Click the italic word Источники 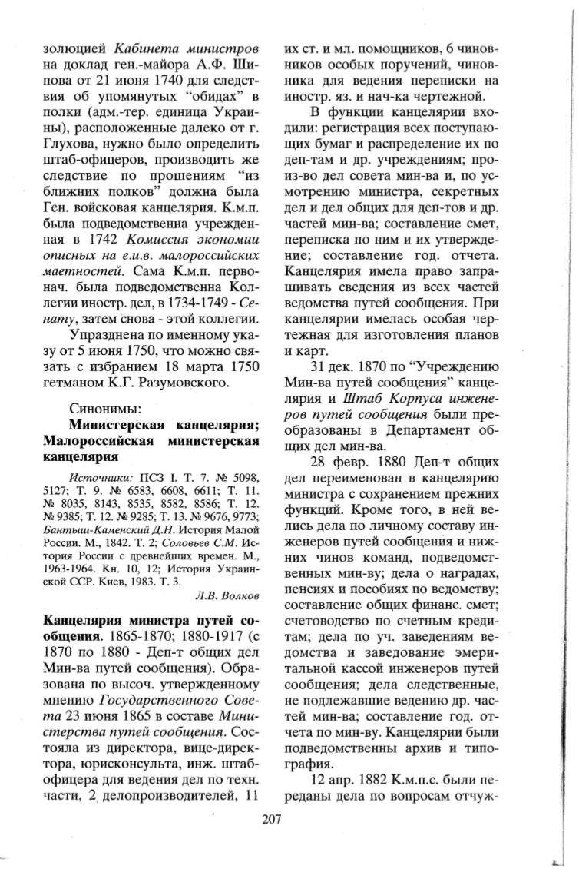click(x=103, y=479)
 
